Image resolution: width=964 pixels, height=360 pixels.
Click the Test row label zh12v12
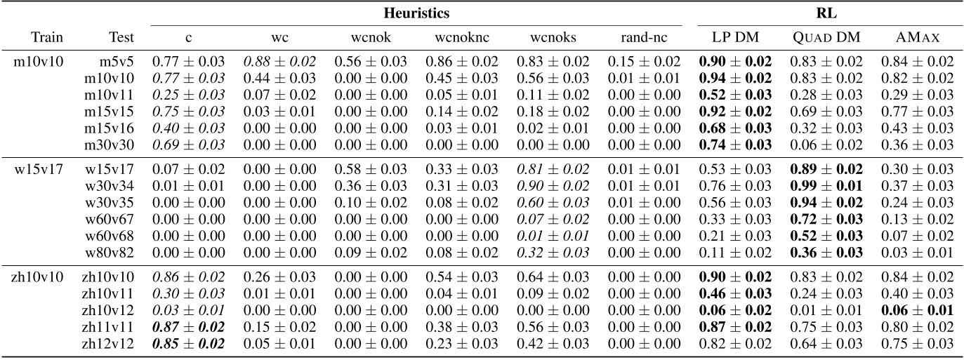pos(111,344)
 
